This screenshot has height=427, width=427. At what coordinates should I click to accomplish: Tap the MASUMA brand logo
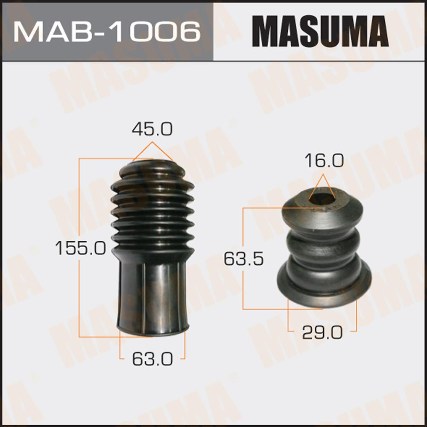click(x=320, y=31)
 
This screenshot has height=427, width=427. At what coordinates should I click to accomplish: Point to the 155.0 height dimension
click(x=80, y=248)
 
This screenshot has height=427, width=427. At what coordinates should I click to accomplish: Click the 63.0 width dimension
click(x=152, y=359)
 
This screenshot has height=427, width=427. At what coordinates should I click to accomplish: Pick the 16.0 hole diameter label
click(x=324, y=161)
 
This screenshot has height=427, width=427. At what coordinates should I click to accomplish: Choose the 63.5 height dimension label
click(x=243, y=259)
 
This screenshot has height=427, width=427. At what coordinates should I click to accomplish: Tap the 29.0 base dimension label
click(x=322, y=333)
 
